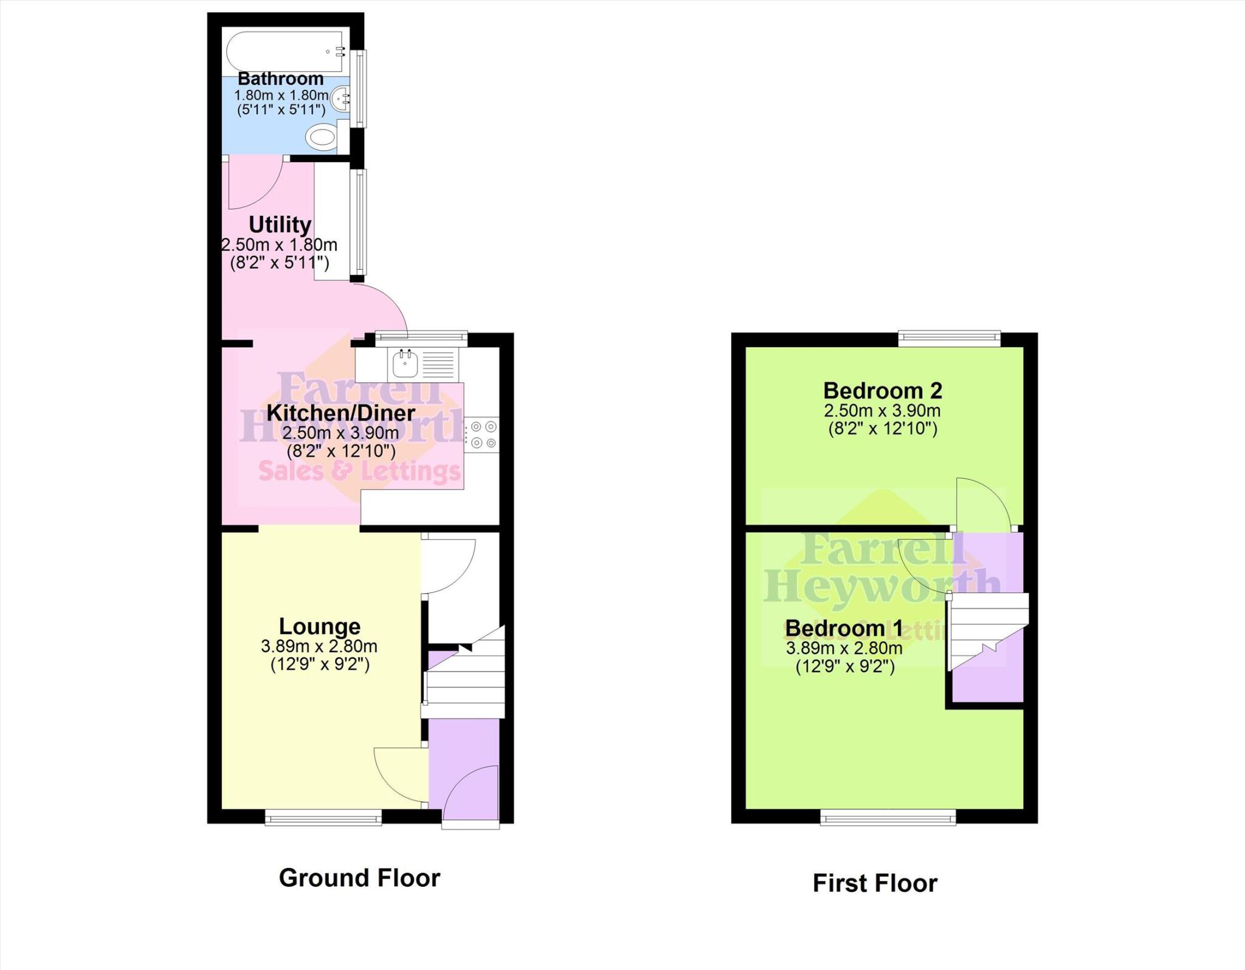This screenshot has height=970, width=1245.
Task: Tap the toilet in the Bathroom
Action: [322, 137]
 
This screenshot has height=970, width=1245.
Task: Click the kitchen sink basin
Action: [405, 365]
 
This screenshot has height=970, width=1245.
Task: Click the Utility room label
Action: [280, 225]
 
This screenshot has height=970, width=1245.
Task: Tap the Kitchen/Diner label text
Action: [340, 413]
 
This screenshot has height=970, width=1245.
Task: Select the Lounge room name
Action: [320, 626]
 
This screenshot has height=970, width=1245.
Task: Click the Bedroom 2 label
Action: [883, 390]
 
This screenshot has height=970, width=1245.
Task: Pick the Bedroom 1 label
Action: [844, 628]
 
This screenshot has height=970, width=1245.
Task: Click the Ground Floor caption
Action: [359, 878]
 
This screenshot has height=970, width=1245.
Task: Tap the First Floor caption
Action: [875, 883]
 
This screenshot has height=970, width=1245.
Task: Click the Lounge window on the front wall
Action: [323, 818]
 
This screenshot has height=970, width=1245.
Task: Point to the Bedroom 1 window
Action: [888, 819]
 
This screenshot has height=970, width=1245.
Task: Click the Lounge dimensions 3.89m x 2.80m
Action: [319, 646]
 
